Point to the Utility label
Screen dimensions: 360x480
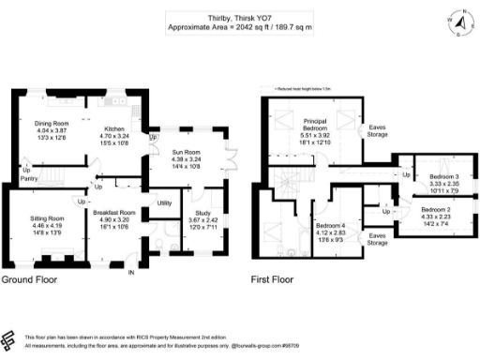point(163,202)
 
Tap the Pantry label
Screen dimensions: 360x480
point(29,175)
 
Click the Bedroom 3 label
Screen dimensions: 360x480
point(444,176)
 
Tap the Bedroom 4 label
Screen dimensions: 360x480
point(330,226)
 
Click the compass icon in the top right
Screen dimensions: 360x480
point(459,19)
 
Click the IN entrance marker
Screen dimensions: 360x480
point(131,273)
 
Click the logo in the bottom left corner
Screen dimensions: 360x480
point(10,340)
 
